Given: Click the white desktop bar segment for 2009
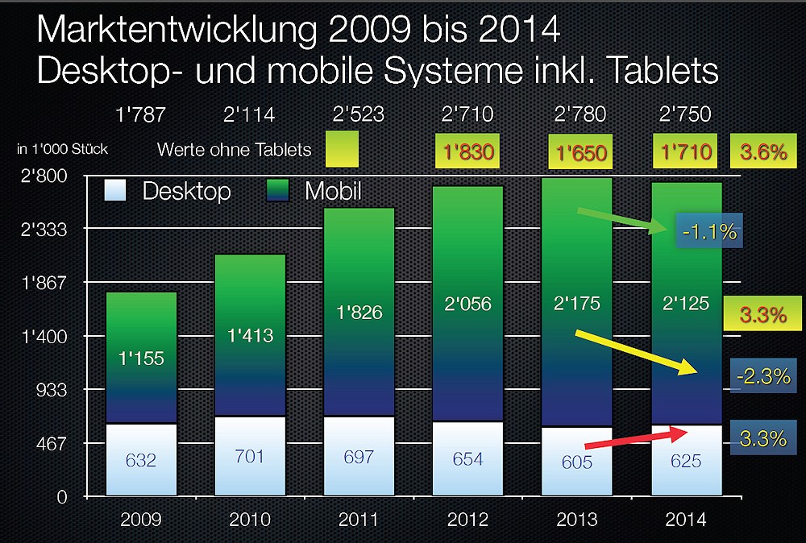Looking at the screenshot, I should (x=141, y=459).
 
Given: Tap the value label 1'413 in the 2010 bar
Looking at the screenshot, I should (x=250, y=336).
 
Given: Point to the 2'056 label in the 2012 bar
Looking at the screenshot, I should (x=467, y=305).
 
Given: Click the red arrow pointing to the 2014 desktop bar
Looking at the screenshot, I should (x=637, y=438).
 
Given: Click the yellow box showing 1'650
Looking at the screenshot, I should (x=577, y=152).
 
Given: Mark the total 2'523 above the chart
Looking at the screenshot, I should (x=358, y=115).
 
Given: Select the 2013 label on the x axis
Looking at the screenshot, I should (x=577, y=520).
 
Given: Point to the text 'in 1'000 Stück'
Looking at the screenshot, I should (x=62, y=149).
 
